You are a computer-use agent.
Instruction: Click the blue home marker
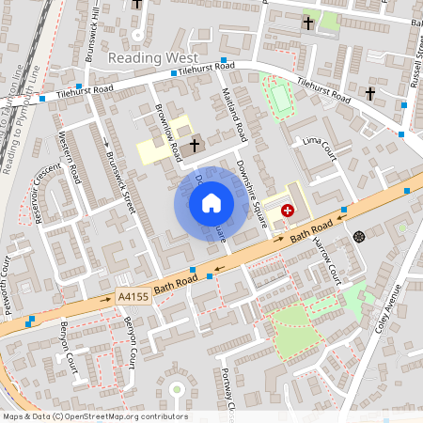tap(211, 201)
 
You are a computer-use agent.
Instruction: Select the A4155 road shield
tap(133, 297)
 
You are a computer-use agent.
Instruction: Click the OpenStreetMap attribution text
tap(94, 416)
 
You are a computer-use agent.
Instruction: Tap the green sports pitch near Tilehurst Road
tap(280, 97)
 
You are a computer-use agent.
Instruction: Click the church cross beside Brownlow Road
tap(195, 145)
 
